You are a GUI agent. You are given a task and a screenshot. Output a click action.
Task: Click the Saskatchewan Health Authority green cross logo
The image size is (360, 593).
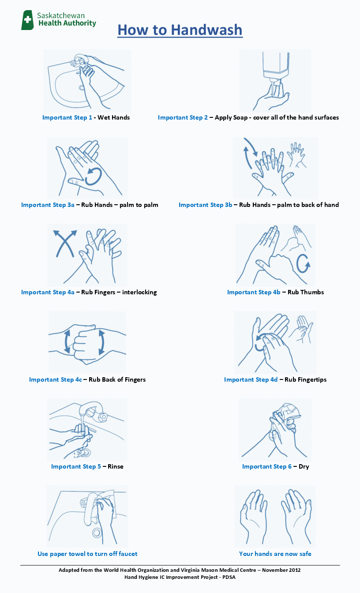[28, 20]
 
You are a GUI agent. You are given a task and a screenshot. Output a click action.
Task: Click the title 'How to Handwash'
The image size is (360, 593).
[180, 30]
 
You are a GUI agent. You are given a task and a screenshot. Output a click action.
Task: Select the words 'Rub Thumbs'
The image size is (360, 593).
[306, 292]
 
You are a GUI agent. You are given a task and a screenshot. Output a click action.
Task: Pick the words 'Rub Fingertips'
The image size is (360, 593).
[305, 379]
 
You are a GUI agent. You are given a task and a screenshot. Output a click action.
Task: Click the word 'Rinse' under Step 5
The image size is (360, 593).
[116, 466]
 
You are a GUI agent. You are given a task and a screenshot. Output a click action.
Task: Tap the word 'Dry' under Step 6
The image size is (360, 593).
[304, 466]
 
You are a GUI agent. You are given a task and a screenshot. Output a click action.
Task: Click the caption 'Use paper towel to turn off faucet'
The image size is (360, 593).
[87, 554]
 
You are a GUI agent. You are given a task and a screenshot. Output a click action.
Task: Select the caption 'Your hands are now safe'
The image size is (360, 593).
[275, 554]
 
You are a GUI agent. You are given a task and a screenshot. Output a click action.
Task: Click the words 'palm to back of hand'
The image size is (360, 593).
[308, 205]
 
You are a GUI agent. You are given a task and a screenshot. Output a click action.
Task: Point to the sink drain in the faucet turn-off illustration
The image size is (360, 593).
[97, 533]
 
